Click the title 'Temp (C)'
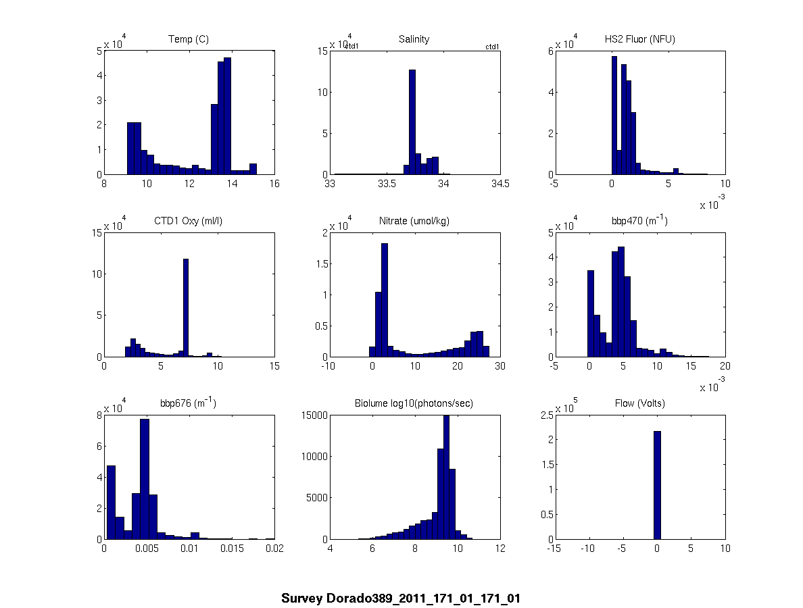[188, 39]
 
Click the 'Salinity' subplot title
[414, 39]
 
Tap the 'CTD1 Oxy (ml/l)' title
[188, 221]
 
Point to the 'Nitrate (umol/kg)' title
[414, 221]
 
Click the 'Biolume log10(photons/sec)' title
[414, 403]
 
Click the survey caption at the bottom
[401, 599]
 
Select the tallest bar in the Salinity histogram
[412, 122]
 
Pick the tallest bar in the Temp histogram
[228, 116]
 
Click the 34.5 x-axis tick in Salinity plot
[501, 184]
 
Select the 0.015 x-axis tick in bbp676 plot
[232, 549]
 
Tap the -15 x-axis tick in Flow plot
[554, 549]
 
